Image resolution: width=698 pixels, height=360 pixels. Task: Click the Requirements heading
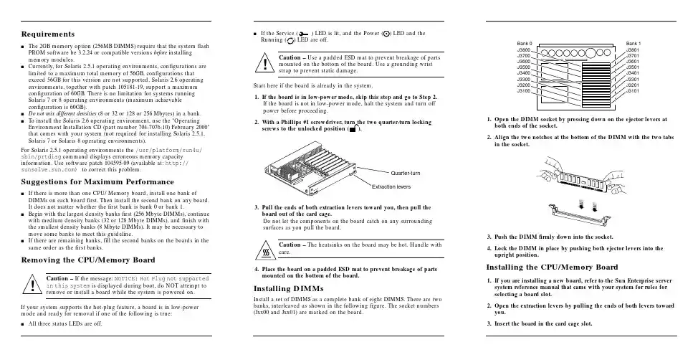click(x=49, y=34)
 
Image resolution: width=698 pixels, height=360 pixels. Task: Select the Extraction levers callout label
click(x=390, y=186)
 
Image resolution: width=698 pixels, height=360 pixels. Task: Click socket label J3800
click(x=524, y=49)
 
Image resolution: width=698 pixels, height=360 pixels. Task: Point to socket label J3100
click(x=524, y=91)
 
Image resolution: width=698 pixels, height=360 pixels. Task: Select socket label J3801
click(x=635, y=49)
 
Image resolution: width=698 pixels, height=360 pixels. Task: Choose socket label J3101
click(x=635, y=91)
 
